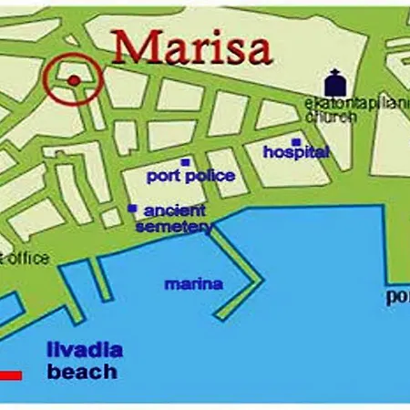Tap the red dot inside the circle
click(74, 80)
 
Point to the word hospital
click(295, 152)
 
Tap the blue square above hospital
click(296, 141)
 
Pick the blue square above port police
click(185, 163)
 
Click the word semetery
click(174, 225)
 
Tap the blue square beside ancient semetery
click(133, 209)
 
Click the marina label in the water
click(193, 283)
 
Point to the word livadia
click(84, 351)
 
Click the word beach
click(82, 372)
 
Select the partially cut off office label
click(26, 258)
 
